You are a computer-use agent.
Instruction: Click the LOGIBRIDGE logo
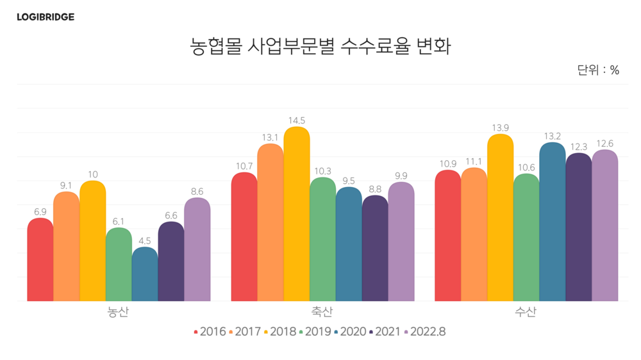click(x=46, y=17)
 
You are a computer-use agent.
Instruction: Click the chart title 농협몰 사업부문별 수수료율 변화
click(x=320, y=47)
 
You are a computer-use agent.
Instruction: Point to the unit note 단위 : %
click(x=598, y=70)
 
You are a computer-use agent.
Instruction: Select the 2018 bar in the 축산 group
click(x=297, y=214)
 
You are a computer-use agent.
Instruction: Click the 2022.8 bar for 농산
click(x=197, y=249)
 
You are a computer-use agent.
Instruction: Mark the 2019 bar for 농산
click(x=119, y=265)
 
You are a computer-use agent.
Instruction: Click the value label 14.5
click(x=297, y=120)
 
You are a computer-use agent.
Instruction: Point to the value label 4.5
click(x=145, y=241)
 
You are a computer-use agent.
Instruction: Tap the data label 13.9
click(x=500, y=128)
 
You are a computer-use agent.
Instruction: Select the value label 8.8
click(x=375, y=189)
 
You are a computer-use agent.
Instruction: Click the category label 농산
click(x=119, y=313)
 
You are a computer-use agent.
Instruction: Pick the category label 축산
click(x=322, y=313)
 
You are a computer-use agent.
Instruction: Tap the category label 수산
click(x=526, y=313)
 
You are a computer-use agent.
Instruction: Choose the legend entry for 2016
click(x=210, y=332)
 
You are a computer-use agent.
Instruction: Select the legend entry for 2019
click(x=315, y=332)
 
